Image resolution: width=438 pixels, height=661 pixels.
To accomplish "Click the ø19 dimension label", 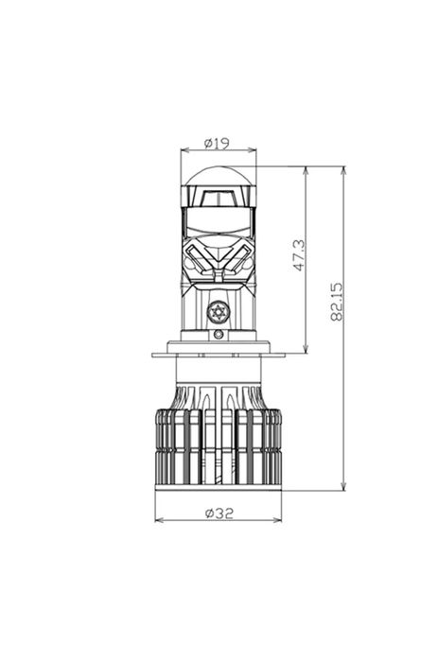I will click(x=218, y=144).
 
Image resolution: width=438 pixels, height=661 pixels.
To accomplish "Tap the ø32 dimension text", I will click(x=219, y=513).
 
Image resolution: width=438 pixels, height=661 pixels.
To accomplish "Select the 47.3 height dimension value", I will click(x=299, y=255).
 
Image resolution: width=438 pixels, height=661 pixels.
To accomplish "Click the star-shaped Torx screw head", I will click(x=219, y=311).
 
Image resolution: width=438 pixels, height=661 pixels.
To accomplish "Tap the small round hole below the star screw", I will click(x=219, y=334).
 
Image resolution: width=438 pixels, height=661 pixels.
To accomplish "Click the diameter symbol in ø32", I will click(x=208, y=513).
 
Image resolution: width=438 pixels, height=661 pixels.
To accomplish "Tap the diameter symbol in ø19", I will click(x=208, y=144).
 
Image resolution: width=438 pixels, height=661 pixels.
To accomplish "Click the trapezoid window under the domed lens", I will click(x=219, y=198).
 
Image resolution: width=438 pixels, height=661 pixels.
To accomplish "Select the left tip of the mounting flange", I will click(x=154, y=355).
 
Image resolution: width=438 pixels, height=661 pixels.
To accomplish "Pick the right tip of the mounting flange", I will click(x=283, y=355).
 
